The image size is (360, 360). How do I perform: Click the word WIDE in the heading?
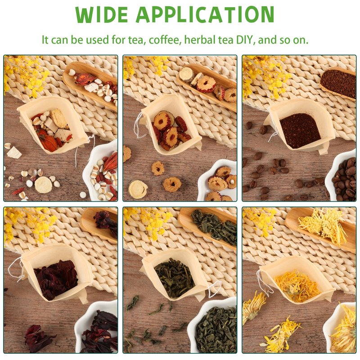pos(102,14)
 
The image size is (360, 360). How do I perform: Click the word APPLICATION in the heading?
pos(205,14)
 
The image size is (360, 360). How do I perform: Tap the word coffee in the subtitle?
pos(164,40)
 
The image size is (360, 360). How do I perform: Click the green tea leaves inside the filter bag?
pos(175,278)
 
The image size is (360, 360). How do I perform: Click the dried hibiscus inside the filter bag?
pos(56,279)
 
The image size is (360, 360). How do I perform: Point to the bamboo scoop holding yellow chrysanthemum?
pos(321,227)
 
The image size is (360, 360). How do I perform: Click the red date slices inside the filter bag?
pos(171,130)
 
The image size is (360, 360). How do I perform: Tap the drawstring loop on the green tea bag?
pos(215,289)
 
